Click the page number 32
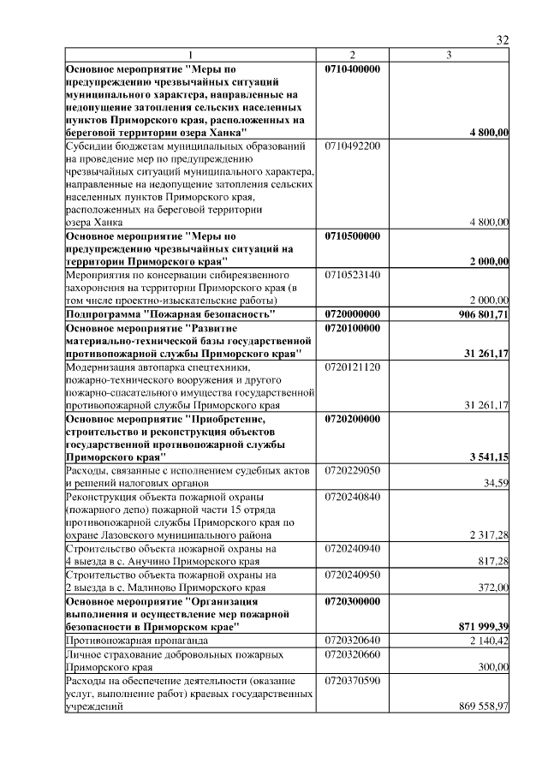pos(503,40)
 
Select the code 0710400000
pos(353,68)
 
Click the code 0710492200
pos(353,146)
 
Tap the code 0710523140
pos(353,275)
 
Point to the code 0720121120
pos(353,366)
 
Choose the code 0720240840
pos(353,497)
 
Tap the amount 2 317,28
pos(489,535)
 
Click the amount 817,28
pos(492,561)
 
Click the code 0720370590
pos(353,679)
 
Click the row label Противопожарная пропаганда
pos(129,641)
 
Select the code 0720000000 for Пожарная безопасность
pos(353,314)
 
